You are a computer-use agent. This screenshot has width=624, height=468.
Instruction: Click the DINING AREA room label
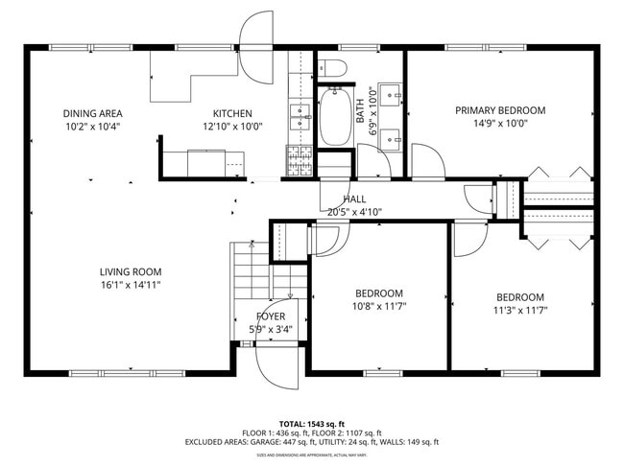pyautogui.click(x=92, y=113)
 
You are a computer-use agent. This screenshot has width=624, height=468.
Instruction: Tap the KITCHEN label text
pyautogui.click(x=232, y=113)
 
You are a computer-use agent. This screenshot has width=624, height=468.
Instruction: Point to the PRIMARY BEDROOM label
pyautogui.click(x=500, y=110)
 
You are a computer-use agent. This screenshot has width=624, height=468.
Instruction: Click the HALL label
pyautogui.click(x=340, y=199)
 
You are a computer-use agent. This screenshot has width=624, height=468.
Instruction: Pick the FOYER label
pyautogui.click(x=270, y=316)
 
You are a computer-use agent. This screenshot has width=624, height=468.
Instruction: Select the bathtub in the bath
pyautogui.click(x=335, y=117)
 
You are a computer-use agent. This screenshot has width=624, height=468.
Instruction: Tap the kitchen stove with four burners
pyautogui.click(x=299, y=160)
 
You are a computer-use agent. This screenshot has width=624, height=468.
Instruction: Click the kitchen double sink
pyautogui.click(x=300, y=118)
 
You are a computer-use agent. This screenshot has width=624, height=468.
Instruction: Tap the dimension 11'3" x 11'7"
pyautogui.click(x=519, y=310)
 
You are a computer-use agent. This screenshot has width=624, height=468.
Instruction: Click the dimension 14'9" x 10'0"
pyautogui.click(x=500, y=123)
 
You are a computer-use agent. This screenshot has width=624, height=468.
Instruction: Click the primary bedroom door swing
pyautogui.click(x=428, y=161)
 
